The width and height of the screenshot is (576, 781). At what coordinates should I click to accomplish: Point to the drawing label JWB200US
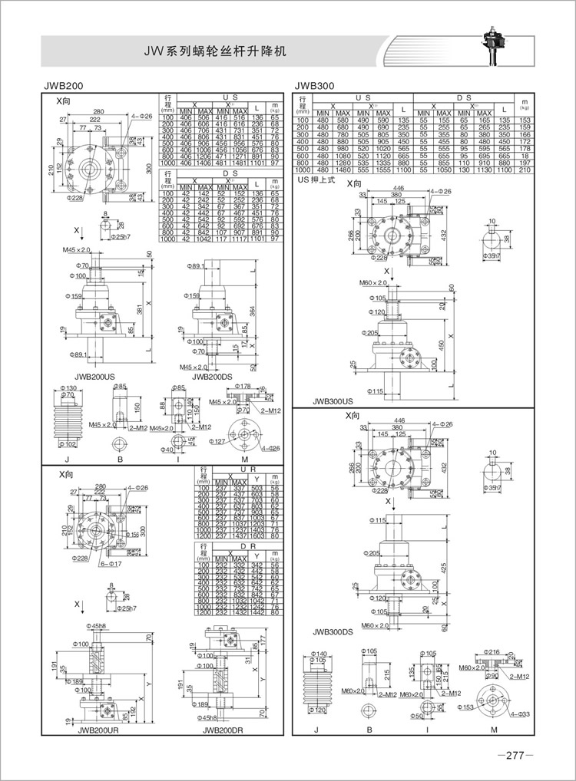pyautogui.click(x=97, y=377)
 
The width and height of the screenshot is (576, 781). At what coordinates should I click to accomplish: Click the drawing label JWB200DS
pyautogui.click(x=214, y=377)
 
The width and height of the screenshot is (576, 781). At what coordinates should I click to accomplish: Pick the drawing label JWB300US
pyautogui.click(x=333, y=400)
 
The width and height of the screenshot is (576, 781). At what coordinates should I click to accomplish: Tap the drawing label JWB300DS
pyautogui.click(x=333, y=633)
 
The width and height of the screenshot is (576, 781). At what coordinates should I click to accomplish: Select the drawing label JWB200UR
pyautogui.click(x=98, y=731)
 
